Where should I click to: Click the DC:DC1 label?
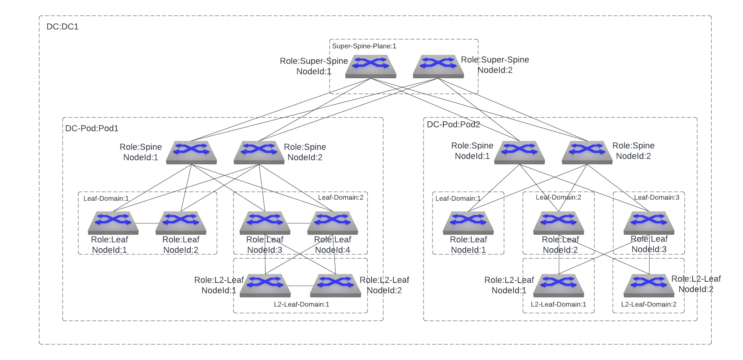click(x=63, y=27)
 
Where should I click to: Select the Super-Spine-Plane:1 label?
click(x=364, y=46)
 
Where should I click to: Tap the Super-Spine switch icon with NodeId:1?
click(x=371, y=66)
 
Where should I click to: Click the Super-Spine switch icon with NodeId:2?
click(x=438, y=66)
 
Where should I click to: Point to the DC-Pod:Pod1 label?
click(x=92, y=128)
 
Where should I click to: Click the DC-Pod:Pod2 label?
click(x=453, y=125)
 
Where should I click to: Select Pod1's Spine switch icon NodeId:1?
click(x=191, y=152)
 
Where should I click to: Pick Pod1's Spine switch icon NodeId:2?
click(x=259, y=152)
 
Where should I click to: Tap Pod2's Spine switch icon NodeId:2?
click(x=587, y=152)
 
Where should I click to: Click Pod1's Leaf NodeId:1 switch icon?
click(x=113, y=223)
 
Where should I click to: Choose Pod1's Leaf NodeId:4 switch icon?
click(x=332, y=223)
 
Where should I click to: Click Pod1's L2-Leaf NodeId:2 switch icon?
click(x=336, y=285)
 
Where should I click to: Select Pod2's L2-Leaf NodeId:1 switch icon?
click(x=559, y=285)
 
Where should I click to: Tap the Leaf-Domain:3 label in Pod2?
click(x=657, y=198)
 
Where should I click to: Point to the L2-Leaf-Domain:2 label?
click(x=649, y=304)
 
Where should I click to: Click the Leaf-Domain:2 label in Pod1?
click(x=341, y=198)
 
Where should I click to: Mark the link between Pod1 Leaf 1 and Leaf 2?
click(x=147, y=223)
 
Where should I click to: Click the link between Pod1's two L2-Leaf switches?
click(x=300, y=286)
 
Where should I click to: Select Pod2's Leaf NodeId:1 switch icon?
click(x=468, y=223)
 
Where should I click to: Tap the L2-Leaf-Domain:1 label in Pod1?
click(x=302, y=304)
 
